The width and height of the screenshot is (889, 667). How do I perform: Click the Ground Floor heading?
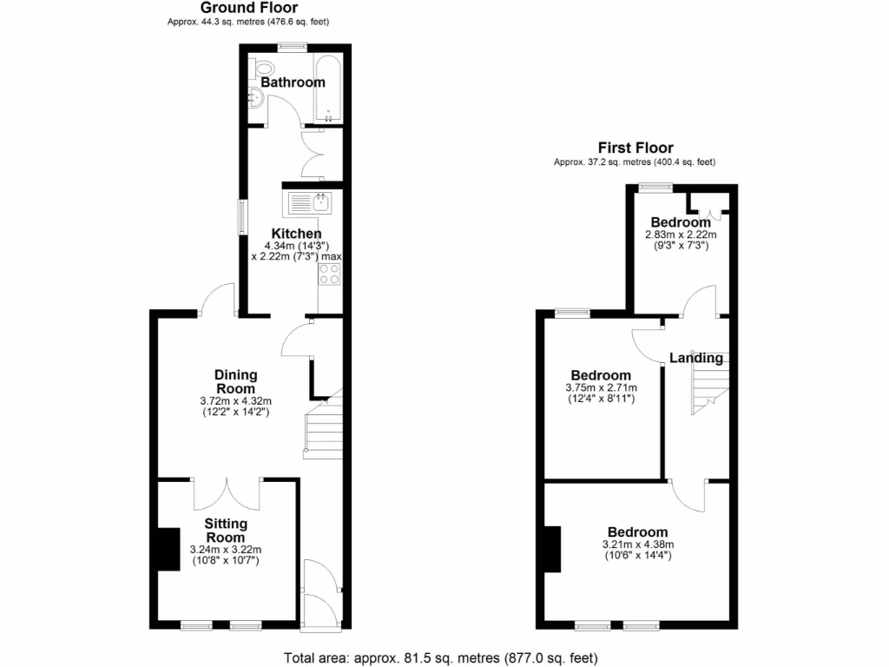click(247, 8)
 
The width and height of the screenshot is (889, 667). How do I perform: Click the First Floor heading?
click(635, 148)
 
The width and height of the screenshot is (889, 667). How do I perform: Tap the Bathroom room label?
click(293, 83)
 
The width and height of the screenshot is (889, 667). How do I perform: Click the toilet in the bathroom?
click(264, 69)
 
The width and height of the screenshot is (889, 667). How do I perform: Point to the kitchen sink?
click(307, 203)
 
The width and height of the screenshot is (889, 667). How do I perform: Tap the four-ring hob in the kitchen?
click(330, 274)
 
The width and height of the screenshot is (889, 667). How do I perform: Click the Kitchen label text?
click(296, 234)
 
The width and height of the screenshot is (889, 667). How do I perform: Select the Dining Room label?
click(235, 381)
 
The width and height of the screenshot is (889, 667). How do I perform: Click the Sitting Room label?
click(226, 530)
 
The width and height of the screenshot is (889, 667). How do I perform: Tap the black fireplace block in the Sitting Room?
click(165, 550)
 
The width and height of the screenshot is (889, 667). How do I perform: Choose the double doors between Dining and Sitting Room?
click(227, 493)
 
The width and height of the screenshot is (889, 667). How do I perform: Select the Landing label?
click(695, 358)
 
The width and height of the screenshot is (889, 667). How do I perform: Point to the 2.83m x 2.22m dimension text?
click(681, 234)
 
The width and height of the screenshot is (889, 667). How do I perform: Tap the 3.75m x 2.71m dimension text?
click(602, 387)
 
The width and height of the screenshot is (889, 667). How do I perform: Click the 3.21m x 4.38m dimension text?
click(637, 545)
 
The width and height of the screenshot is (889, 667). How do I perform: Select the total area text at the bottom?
click(441, 657)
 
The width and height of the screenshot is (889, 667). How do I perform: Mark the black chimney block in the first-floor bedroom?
click(553, 549)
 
